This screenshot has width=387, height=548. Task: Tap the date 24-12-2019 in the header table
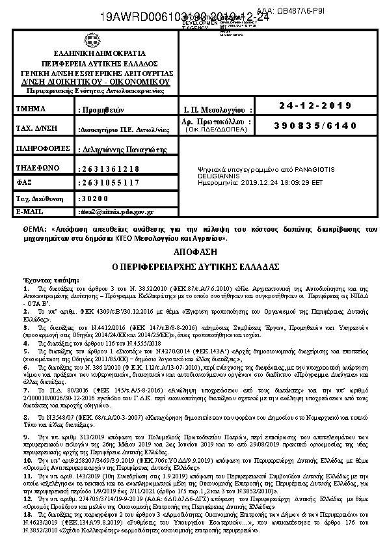(315, 106)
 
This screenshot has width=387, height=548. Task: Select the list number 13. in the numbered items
(27, 515)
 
